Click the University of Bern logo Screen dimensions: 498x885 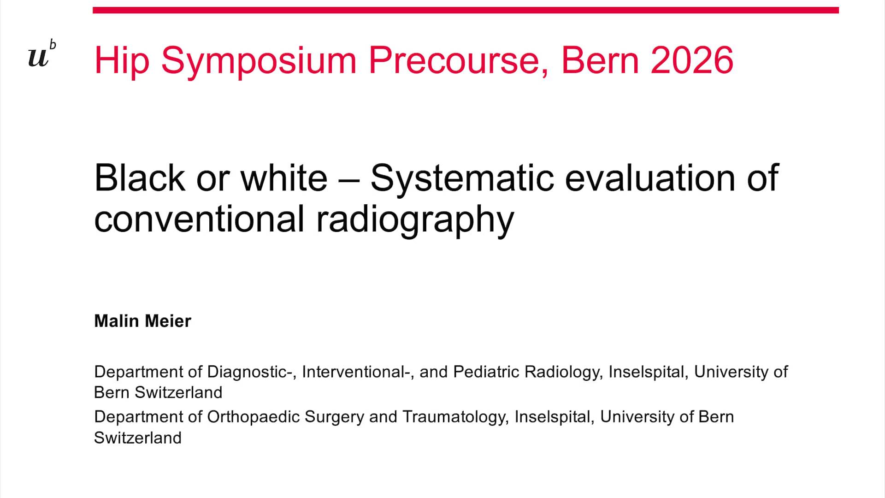(x=41, y=54)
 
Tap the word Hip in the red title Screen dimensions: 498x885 (x=122, y=61)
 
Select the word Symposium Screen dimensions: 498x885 (x=259, y=61)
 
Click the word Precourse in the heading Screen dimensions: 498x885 (x=458, y=60)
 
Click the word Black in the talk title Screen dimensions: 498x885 (x=140, y=178)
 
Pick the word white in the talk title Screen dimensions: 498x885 (x=284, y=178)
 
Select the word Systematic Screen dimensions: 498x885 (x=462, y=178)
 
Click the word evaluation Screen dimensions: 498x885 (x=650, y=178)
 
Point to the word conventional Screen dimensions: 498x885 (x=199, y=219)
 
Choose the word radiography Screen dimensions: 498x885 (x=415, y=220)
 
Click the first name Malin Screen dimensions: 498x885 (x=117, y=321)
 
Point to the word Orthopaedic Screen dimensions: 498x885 (x=254, y=417)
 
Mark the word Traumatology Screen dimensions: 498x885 (x=455, y=417)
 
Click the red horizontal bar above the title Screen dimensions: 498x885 (x=466, y=10)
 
